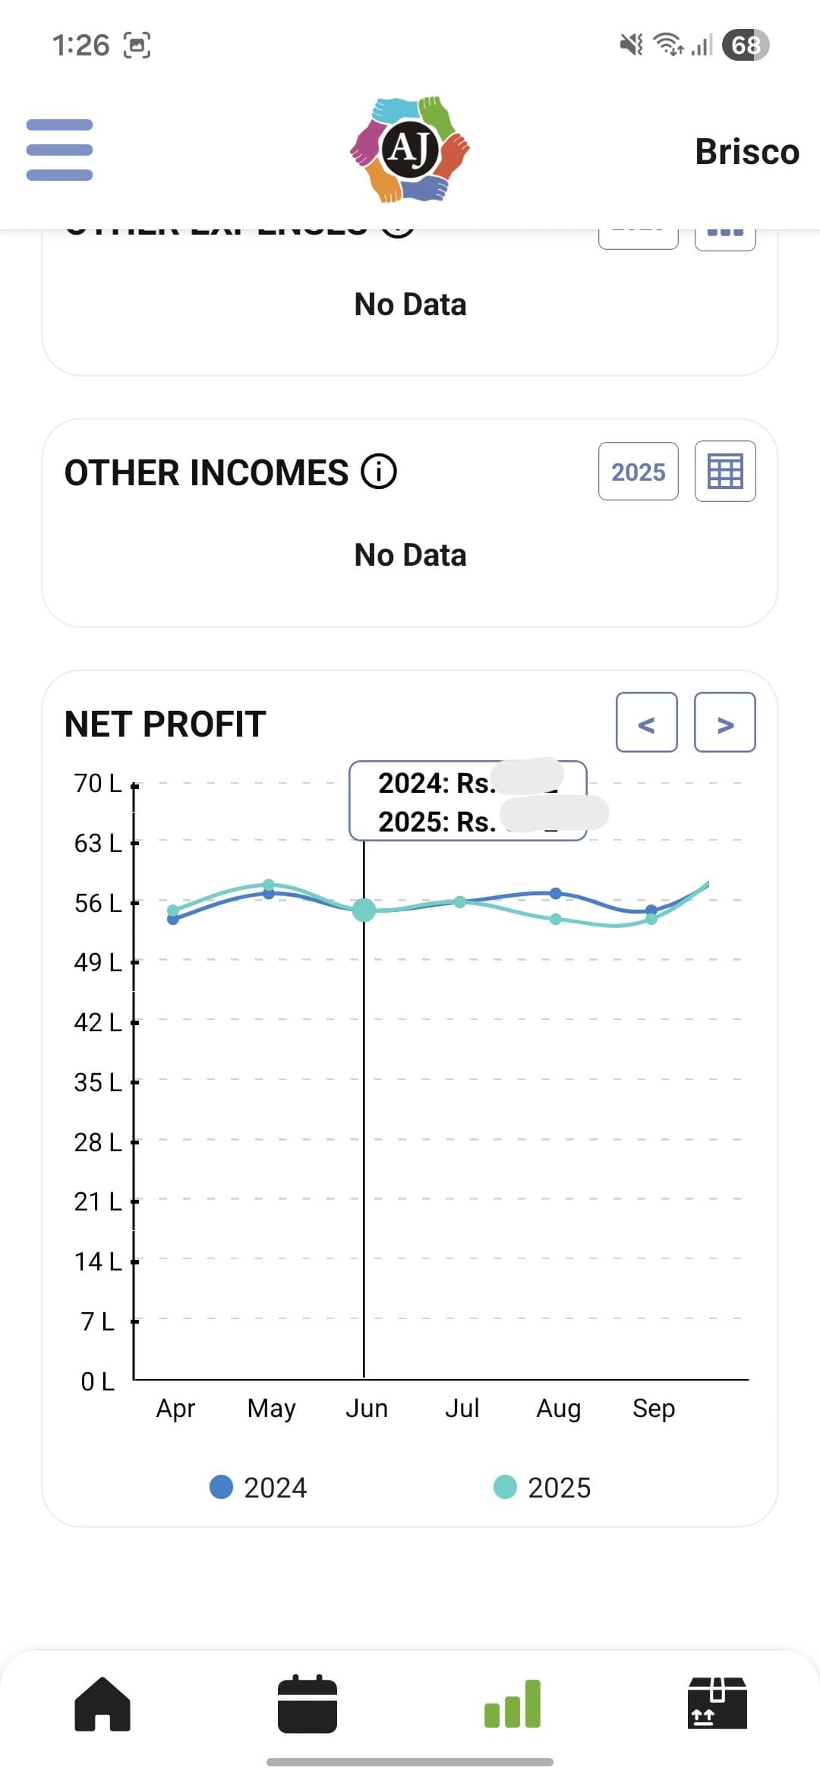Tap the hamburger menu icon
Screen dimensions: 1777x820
tap(59, 150)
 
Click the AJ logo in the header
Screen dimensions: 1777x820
tap(410, 150)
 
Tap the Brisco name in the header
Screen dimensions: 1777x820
tap(747, 152)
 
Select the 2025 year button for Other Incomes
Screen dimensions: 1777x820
tap(638, 472)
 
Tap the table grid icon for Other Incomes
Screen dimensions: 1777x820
tap(725, 472)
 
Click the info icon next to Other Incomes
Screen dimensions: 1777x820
tap(379, 472)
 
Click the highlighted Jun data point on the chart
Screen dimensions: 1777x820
tap(364, 909)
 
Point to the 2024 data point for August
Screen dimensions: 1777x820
tap(556, 893)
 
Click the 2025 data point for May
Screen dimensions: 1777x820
tap(269, 885)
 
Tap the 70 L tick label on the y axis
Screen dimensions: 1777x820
tap(97, 783)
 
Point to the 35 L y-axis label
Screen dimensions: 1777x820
tap(97, 1082)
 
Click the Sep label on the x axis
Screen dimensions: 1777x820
tap(654, 1408)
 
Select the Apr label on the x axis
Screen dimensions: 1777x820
tap(175, 1408)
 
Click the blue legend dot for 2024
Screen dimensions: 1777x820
tap(221, 1487)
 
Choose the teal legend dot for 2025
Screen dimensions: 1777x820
tap(505, 1487)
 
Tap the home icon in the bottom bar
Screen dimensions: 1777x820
tap(102, 1704)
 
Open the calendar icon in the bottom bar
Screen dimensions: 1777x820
tap(307, 1704)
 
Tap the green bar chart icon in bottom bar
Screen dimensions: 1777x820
tap(512, 1704)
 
